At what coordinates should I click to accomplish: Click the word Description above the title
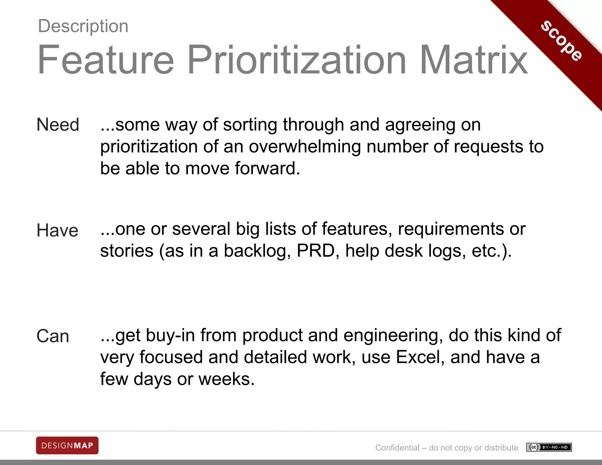(83, 26)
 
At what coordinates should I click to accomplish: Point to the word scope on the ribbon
(561, 41)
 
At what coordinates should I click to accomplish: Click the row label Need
(58, 125)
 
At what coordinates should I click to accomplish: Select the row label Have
(57, 230)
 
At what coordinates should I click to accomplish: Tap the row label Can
(53, 336)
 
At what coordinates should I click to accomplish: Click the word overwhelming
(305, 147)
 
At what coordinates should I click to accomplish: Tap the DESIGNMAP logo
(67, 446)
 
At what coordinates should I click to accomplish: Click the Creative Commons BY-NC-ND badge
(549, 447)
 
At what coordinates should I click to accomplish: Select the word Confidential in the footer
(397, 448)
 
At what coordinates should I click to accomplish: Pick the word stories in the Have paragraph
(127, 251)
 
